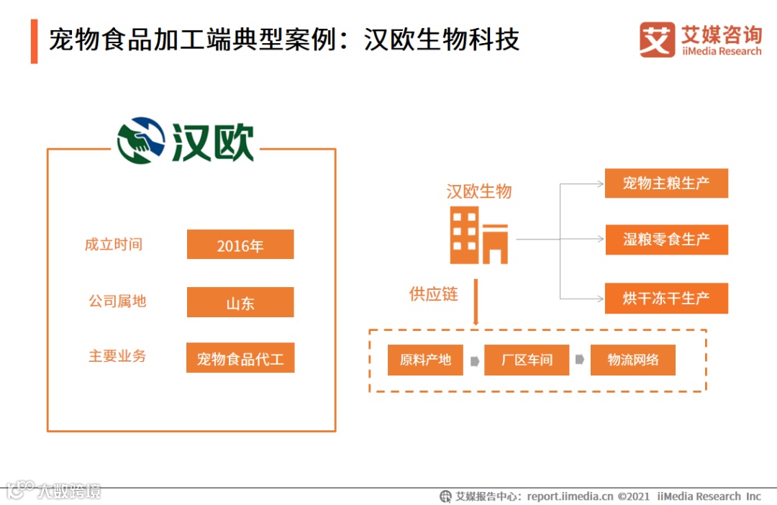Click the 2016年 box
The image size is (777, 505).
tap(240, 245)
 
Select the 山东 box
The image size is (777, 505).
tap(240, 302)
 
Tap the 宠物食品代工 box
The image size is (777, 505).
tap(240, 358)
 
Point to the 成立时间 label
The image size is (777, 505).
tap(114, 245)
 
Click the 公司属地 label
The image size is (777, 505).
tap(117, 301)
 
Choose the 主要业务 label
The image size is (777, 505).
tap(117, 356)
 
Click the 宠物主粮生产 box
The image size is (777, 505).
tap(666, 183)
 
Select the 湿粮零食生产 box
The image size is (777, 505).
tap(666, 240)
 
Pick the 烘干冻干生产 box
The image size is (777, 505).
tap(666, 298)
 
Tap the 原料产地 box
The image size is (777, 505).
tap(425, 360)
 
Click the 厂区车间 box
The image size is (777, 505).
tap(527, 360)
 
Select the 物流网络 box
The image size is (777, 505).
tap(632, 360)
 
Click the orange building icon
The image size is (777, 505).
tap(478, 235)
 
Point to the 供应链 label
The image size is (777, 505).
tap(434, 294)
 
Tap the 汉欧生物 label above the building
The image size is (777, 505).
tap(479, 191)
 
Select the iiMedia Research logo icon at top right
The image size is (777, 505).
tap(658, 40)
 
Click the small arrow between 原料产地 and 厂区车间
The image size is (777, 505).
tap(475, 360)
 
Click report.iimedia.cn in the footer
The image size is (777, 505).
tap(570, 496)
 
